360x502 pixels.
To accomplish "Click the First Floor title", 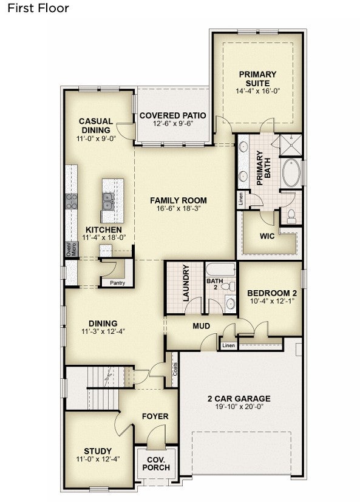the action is coord(38,8).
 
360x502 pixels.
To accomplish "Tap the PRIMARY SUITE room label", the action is coord(257,78).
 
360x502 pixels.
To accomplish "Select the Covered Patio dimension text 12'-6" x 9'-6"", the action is coord(172,124).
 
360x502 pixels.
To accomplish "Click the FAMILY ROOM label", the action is coord(178,200).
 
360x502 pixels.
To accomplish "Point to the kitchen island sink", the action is coord(108,201).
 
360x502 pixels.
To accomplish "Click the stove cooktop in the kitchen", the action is coord(71,201).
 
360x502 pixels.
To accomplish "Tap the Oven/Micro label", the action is coord(71,249).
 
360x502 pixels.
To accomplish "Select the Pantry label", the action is coord(117,283).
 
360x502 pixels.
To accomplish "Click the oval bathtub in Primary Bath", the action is coord(291,173).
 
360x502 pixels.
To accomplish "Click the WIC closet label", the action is coord(267,236).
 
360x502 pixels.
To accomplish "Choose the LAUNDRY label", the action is coord(186,283).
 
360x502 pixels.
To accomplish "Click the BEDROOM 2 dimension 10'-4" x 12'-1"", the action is coord(272,301).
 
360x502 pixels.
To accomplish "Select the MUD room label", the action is coord(201,326).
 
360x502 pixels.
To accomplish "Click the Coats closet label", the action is coord(175,369).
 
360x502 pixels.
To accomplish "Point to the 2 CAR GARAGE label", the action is coord(239,399).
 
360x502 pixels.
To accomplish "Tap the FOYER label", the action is coord(155,416).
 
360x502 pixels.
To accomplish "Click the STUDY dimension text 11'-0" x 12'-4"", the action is coord(98,459).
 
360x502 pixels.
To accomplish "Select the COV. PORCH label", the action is coord(156,464).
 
